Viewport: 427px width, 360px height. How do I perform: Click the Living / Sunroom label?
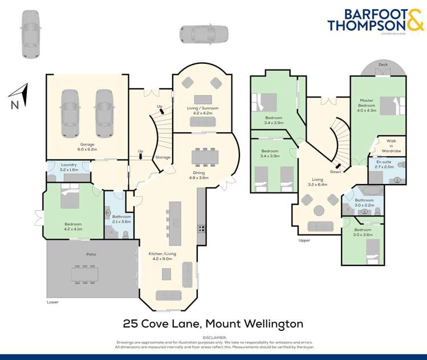coord(203,111)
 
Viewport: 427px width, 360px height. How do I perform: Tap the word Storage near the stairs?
coord(162,157)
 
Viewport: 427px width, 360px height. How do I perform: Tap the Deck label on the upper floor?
coord(383,65)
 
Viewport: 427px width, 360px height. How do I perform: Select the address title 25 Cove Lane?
coord(213,324)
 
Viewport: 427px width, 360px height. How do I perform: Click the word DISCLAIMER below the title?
coord(213,338)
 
